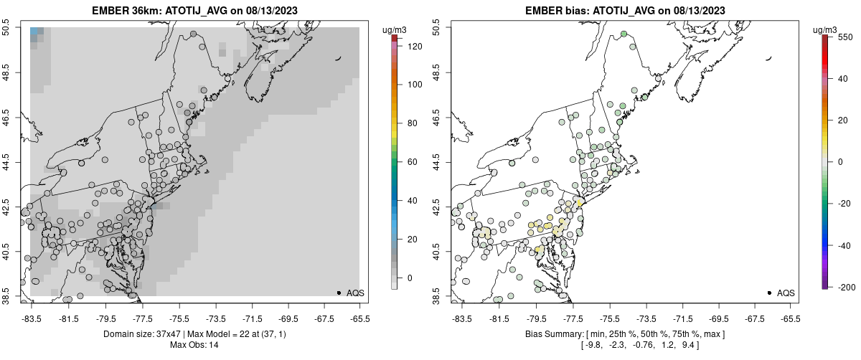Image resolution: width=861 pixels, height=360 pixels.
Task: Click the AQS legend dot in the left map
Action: pyautogui.click(x=338, y=293)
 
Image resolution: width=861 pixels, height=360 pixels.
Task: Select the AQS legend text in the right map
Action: pyautogui.click(x=786, y=293)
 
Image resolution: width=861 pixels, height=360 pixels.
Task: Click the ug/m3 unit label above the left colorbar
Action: pyautogui.click(x=395, y=29)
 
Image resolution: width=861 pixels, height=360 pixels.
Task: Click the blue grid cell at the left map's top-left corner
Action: pyautogui.click(x=36, y=32)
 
